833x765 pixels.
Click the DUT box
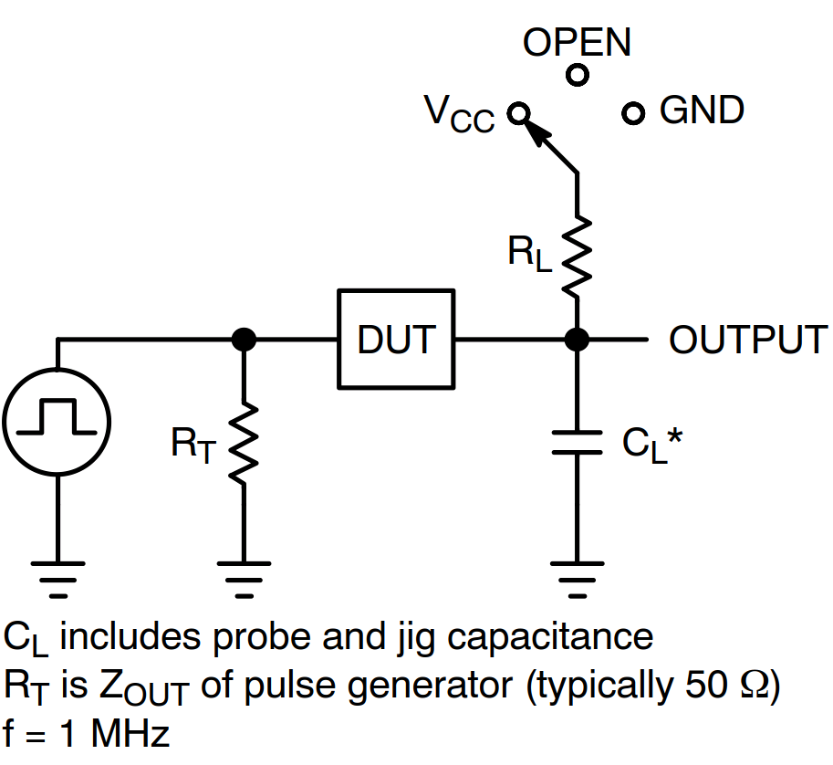click(396, 339)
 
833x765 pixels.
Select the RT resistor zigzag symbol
click(243, 445)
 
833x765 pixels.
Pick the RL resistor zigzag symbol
click(577, 256)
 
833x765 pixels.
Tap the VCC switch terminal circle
click(519, 113)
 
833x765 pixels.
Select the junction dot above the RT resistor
click(243, 340)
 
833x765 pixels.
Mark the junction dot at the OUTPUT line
click(577, 340)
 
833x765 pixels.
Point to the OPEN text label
click(577, 42)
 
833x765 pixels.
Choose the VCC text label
click(459, 113)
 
